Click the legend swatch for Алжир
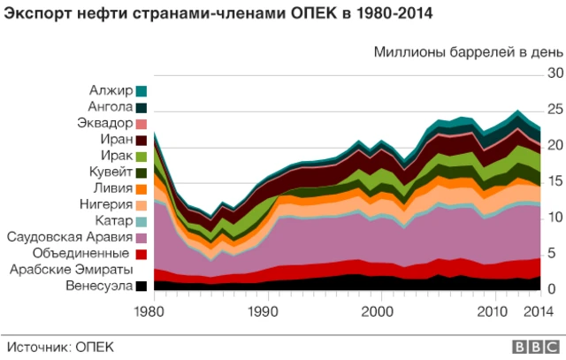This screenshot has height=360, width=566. coord(141,91)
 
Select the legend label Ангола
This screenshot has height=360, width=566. coord(111,107)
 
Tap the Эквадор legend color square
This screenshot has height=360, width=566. coord(141,124)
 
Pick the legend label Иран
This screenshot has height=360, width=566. coord(118,140)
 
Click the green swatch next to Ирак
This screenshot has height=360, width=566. coord(141,157)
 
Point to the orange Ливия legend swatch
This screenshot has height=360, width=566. coord(141,189)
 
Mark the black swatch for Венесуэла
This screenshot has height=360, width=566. coord(141,287)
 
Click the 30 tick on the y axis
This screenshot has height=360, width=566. coord(555,73)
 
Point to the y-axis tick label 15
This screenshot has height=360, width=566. coord(555,181)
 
